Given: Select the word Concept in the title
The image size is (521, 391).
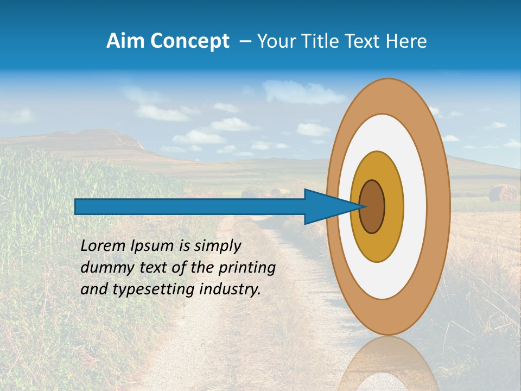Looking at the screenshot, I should click(189, 41).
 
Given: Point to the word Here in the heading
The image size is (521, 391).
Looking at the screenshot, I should click(406, 41).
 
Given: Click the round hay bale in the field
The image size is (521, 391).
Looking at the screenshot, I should click(503, 193).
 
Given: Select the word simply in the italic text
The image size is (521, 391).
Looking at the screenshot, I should click(217, 246).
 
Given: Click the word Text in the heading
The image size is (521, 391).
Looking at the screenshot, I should click(363, 41).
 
